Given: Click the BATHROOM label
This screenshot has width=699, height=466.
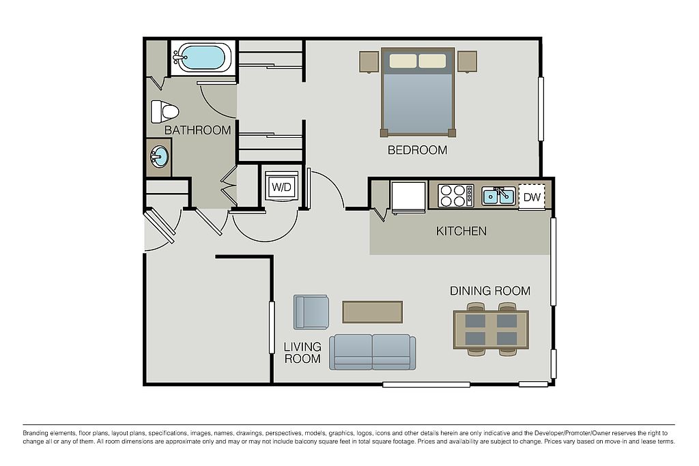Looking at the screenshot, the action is click(197, 130).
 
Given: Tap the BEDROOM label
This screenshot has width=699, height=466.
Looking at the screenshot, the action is click(417, 150).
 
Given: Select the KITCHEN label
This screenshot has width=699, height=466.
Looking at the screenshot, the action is click(461, 231).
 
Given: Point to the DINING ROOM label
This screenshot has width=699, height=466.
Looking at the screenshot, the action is click(490, 291).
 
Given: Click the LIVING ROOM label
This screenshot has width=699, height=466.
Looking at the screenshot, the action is click(302, 352).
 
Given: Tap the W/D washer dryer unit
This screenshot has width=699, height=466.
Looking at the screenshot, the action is click(281, 187).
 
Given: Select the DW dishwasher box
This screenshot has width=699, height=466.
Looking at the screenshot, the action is click(532, 197).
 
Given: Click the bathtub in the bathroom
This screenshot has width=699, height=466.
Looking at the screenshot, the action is click(202, 58).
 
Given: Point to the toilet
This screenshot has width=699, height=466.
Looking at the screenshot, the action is click(165, 111).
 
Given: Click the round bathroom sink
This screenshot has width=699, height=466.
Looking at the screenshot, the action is click(159, 157).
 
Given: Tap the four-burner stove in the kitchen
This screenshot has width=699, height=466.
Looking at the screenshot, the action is click(455, 196).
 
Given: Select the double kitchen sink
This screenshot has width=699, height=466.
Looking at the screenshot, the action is click(498, 196).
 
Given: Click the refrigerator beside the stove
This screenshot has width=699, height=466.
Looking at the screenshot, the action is click(408, 196).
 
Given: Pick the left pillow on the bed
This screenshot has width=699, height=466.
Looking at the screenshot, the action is click(403, 61).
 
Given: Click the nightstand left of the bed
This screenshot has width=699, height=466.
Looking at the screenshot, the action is click(369, 61).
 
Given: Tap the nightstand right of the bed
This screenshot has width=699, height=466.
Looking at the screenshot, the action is click(467, 61).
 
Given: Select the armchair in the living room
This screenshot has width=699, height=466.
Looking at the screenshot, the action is click(311, 312).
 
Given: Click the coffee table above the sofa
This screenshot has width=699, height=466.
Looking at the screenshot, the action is click(372, 312).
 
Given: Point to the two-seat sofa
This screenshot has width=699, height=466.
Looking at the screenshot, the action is click(372, 352).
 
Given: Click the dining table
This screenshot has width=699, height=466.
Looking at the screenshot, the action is click(491, 330).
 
